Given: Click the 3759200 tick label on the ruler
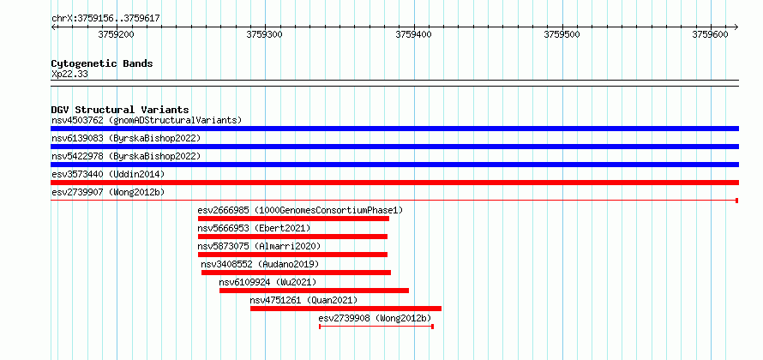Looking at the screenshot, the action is click(x=117, y=35).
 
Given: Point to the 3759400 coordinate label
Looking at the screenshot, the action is click(x=413, y=35).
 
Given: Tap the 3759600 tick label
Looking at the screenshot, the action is click(x=711, y=35).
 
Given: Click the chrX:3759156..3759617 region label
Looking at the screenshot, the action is click(x=105, y=19).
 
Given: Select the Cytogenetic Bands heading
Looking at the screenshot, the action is click(x=102, y=63).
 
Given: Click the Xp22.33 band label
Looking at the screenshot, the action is click(x=69, y=75).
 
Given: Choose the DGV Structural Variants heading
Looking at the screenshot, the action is click(x=120, y=110).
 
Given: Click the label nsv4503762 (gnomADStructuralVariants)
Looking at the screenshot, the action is click(x=147, y=120).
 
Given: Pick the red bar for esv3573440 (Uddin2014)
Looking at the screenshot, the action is click(x=394, y=183).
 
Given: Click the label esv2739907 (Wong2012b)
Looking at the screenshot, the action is click(x=108, y=192).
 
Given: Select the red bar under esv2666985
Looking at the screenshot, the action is click(x=293, y=219).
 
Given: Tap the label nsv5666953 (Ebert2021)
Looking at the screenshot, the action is click(x=254, y=228).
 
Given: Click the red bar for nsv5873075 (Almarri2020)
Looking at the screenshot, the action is click(x=292, y=255).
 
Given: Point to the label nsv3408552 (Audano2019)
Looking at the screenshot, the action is click(x=260, y=264).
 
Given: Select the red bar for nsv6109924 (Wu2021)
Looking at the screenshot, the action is click(x=314, y=291).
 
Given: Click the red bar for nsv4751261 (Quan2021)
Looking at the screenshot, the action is click(x=345, y=309).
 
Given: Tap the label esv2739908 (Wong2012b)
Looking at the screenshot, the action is click(x=375, y=318).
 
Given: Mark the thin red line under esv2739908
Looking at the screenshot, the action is click(x=376, y=327).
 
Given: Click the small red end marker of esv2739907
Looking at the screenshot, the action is click(x=737, y=201).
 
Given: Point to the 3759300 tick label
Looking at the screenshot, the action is click(x=265, y=35).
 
